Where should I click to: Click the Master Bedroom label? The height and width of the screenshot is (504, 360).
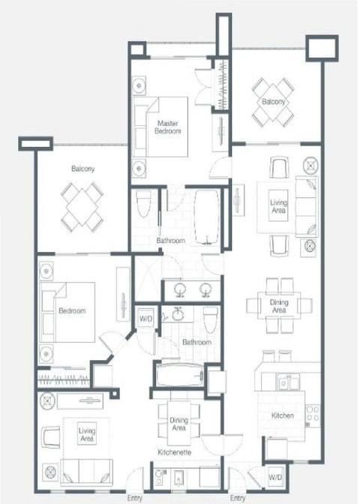167,127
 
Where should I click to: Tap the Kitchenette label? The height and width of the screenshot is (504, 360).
175,452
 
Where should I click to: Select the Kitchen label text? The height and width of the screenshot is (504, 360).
283,415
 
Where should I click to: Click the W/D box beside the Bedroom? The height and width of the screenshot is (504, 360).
146,319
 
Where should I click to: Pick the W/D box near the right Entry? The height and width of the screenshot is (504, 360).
275,477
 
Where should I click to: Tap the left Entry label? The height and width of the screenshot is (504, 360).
135,498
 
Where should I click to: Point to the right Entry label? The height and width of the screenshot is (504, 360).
238,498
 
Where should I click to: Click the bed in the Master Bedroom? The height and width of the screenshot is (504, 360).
160,127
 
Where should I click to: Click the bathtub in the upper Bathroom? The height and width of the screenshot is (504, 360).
207,218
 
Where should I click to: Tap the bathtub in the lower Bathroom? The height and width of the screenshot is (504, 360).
179,375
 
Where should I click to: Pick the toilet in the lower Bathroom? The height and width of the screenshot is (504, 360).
211,320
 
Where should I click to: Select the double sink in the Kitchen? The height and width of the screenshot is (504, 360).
289,382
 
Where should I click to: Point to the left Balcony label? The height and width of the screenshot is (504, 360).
83,169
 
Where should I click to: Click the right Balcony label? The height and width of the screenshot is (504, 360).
274,102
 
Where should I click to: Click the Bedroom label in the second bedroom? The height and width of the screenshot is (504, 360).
72,310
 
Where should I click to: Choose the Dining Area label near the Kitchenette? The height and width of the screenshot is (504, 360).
178,424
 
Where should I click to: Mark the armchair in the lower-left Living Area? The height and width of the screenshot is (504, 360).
51,437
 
